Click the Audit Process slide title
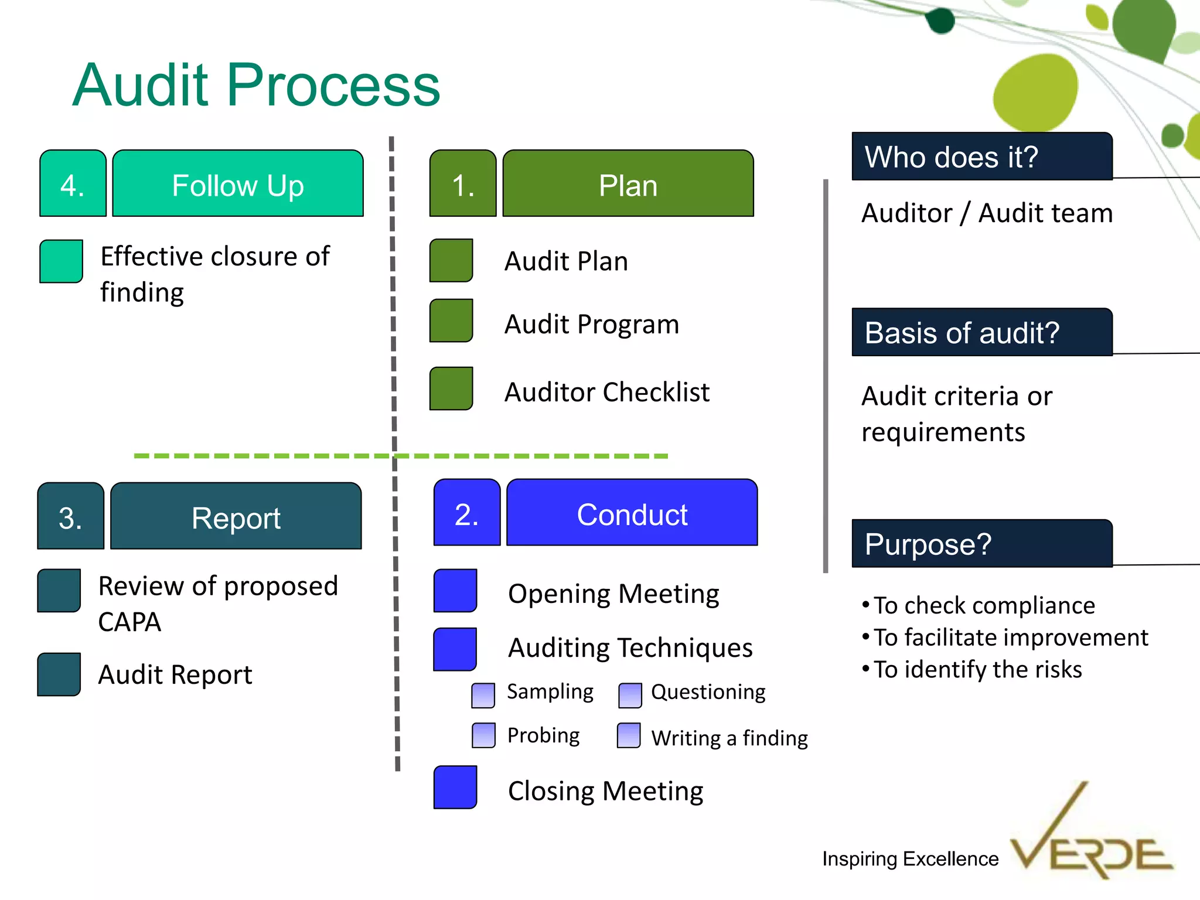[256, 86]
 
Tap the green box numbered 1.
[463, 183]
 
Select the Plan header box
[628, 183]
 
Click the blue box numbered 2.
[467, 513]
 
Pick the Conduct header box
[632, 513]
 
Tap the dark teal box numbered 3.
[71, 516]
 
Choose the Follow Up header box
[238, 183]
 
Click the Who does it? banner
[981, 156]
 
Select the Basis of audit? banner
[981, 332]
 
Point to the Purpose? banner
[981, 544]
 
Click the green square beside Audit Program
[451, 321]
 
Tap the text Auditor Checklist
[607, 392]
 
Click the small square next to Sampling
[483, 695]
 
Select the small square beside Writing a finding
[629, 735]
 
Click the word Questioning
[708, 692]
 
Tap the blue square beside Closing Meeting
[455, 787]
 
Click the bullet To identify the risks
[977, 669]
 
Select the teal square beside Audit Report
[59, 674]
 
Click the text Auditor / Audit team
[987, 213]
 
